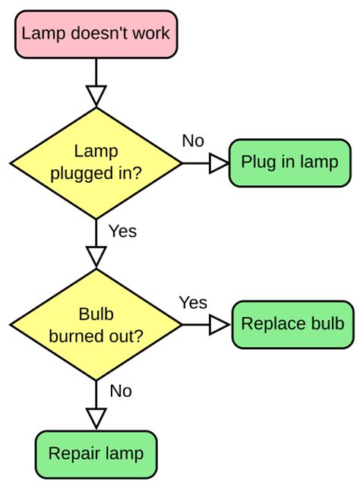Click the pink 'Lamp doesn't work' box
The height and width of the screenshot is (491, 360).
(96, 33)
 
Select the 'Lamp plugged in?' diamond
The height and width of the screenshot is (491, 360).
(96, 162)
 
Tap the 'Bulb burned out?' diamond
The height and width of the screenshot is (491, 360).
(96, 324)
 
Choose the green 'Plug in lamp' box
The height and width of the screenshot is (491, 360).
(289, 162)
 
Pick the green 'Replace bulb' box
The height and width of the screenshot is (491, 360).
(292, 324)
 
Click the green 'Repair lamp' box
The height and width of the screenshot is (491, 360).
(96, 454)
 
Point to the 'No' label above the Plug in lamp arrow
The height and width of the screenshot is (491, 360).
(193, 140)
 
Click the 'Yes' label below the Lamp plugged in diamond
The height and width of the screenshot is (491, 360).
(122, 231)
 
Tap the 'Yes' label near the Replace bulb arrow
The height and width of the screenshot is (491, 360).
(193, 302)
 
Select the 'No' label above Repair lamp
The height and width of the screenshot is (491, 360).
(121, 391)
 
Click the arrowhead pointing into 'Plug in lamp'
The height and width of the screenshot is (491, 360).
(219, 162)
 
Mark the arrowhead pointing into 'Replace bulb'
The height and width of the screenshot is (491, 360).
(219, 325)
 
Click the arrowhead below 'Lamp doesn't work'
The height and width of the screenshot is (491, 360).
(96, 96)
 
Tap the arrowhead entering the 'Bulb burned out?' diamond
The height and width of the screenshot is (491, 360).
(96, 257)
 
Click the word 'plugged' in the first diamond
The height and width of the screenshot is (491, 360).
(81, 173)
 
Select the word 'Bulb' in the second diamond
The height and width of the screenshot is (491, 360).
(96, 313)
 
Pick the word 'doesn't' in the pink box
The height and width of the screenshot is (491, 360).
(93, 33)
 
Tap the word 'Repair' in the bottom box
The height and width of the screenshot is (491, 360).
(74, 454)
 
